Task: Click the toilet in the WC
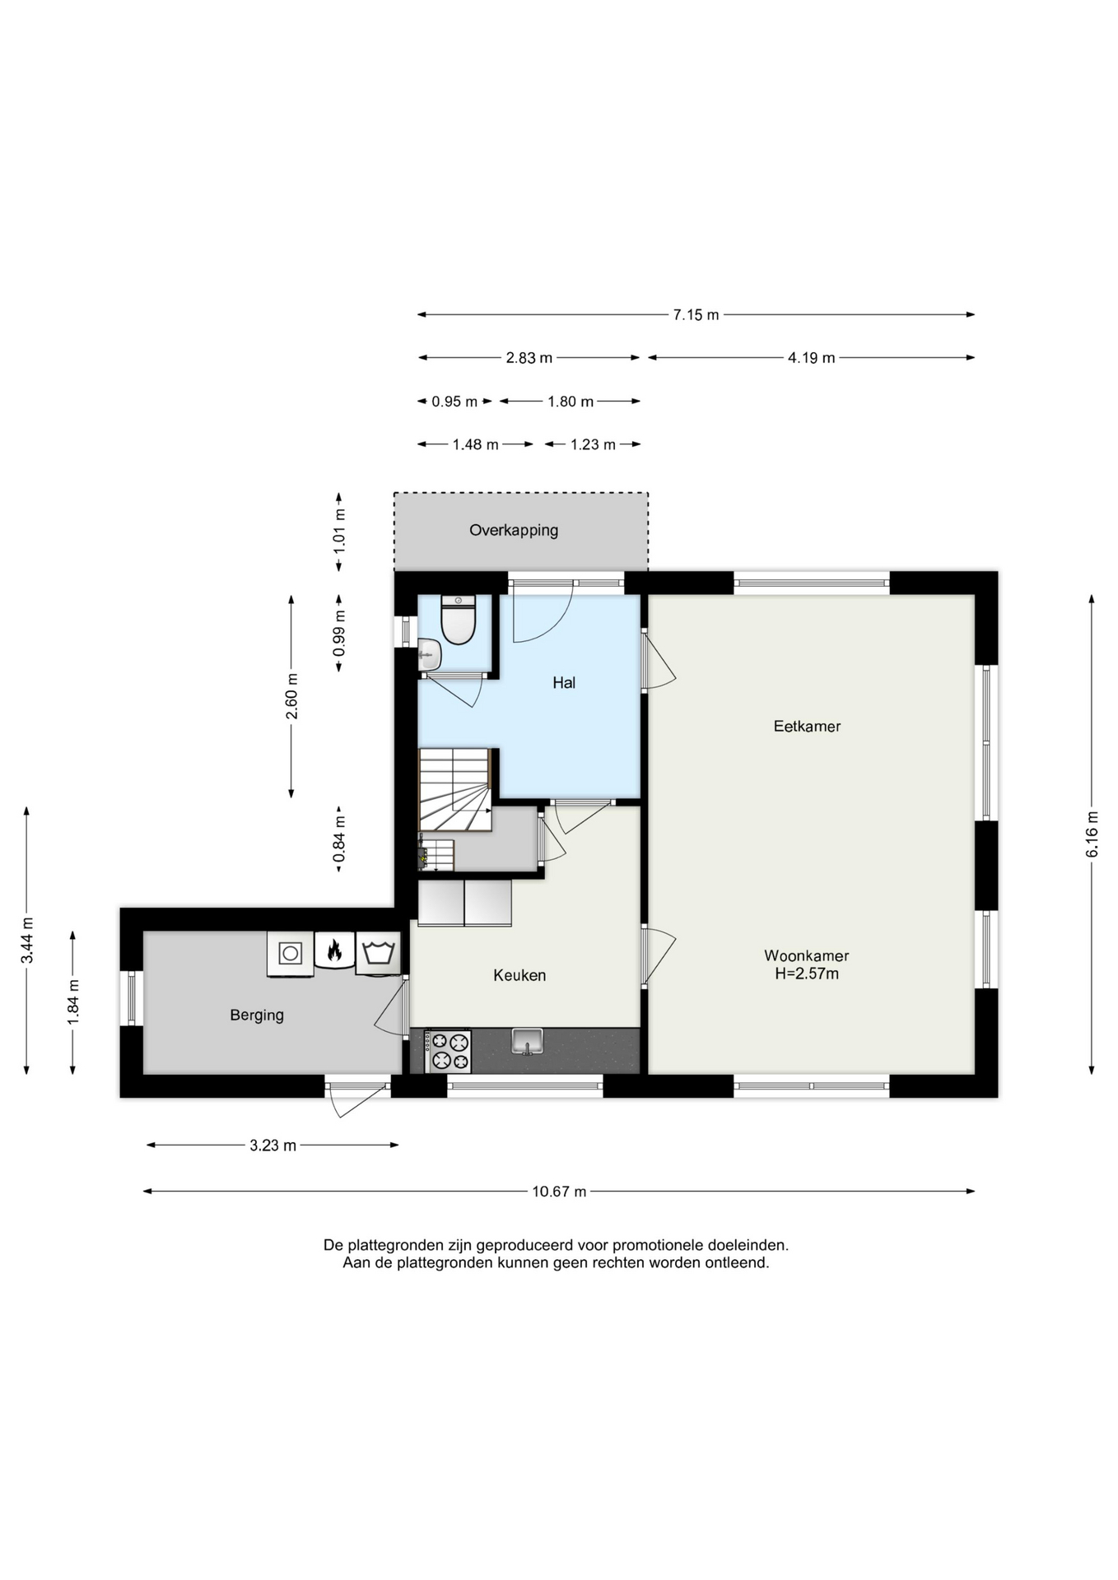pyautogui.click(x=459, y=619)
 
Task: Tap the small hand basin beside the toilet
pyautogui.click(x=429, y=655)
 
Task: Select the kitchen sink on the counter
pyautogui.click(x=527, y=1041)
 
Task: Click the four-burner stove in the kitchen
pyautogui.click(x=448, y=1052)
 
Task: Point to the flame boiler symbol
pyautogui.click(x=334, y=951)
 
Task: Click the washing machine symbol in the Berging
pyautogui.click(x=290, y=954)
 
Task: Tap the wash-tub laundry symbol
pyautogui.click(x=378, y=953)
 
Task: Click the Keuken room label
pyautogui.click(x=519, y=975)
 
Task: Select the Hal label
pyautogui.click(x=564, y=682)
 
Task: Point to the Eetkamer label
pyautogui.click(x=807, y=726)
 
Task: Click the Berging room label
pyautogui.click(x=257, y=1015)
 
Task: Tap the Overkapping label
pyautogui.click(x=514, y=531)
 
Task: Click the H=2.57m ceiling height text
pyautogui.click(x=807, y=974)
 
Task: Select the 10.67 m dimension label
pyautogui.click(x=559, y=1192)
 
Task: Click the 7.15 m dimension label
pyautogui.click(x=696, y=315)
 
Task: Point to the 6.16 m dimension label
pyautogui.click(x=1092, y=834)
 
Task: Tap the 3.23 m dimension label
pyautogui.click(x=273, y=1145)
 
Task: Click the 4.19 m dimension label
pyautogui.click(x=811, y=358)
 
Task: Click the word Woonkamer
pyautogui.click(x=807, y=956)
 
